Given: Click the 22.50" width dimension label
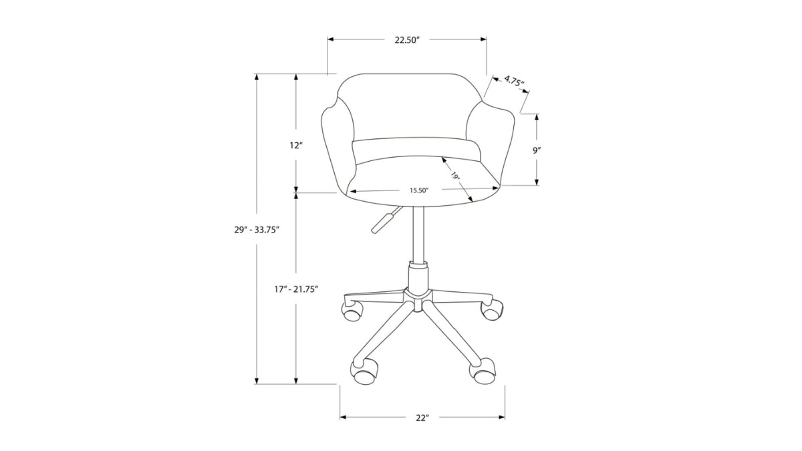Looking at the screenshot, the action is coord(407,40).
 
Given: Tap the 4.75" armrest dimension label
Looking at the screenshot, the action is coord(514,81).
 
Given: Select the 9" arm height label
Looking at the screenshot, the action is coord(536,150).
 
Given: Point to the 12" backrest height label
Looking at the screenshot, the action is coord(296,146).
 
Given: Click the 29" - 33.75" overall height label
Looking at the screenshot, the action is coord(257,230).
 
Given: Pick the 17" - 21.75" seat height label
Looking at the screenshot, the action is coord(296,289).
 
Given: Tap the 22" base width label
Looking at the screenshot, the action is coord(422,418).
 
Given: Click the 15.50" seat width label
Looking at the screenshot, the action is coord(419,190).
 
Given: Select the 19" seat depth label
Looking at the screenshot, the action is coord(455,176).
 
